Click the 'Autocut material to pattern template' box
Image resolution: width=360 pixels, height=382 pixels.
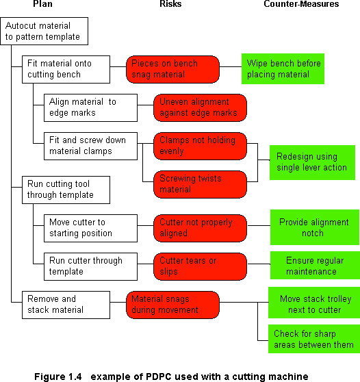click(x=44, y=31)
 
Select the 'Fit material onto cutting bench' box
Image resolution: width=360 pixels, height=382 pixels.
click(x=66, y=69)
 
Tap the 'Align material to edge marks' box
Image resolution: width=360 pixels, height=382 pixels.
click(x=90, y=107)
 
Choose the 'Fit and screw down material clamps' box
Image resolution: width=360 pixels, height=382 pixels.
click(x=90, y=146)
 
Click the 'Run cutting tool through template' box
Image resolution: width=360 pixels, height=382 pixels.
click(x=66, y=190)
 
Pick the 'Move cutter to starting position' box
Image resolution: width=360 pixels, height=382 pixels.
click(x=90, y=228)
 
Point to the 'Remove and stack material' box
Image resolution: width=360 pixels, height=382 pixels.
click(x=66, y=305)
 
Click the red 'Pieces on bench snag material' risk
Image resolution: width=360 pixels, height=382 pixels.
click(x=172, y=69)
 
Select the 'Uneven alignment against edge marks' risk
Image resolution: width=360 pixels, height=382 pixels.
click(x=201, y=107)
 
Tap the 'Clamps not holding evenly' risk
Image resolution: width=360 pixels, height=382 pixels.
click(x=201, y=146)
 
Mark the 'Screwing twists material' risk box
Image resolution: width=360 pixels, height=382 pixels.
click(x=201, y=184)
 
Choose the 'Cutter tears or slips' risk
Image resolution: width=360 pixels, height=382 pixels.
click(x=201, y=266)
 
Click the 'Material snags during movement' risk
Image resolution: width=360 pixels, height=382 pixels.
click(x=172, y=305)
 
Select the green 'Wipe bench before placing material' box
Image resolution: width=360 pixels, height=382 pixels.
click(x=283, y=68)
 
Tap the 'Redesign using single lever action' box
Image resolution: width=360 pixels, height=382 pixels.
click(x=312, y=162)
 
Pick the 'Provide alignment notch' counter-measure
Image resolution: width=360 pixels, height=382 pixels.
click(x=315, y=227)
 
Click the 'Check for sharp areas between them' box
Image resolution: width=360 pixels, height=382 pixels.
click(x=314, y=339)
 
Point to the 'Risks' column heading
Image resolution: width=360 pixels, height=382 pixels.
click(x=170, y=4)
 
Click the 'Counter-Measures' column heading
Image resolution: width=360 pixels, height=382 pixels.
click(x=301, y=4)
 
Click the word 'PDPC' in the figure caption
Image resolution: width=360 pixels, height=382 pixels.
click(x=159, y=377)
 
